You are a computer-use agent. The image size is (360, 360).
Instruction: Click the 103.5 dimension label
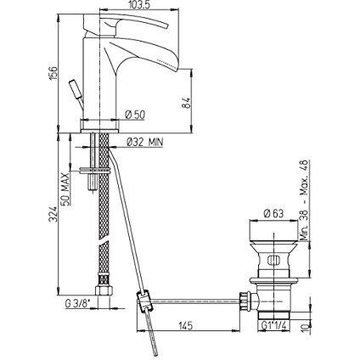coord(139,4)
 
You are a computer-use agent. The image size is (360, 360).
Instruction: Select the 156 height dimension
coord(53,73)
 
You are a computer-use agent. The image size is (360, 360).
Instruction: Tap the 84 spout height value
coord(184,104)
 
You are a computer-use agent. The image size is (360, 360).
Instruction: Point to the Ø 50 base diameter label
coord(135,115)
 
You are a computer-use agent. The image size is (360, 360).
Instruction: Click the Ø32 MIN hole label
coord(145,142)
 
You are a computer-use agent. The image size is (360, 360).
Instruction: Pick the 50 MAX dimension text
coord(65,188)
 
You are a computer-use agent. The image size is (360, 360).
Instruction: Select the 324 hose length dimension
coord(53,213)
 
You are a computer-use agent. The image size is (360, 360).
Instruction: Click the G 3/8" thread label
coord(77,304)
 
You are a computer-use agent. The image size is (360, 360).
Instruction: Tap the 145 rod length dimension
coord(185,325)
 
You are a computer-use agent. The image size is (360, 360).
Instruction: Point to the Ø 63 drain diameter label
coord(273,213)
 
